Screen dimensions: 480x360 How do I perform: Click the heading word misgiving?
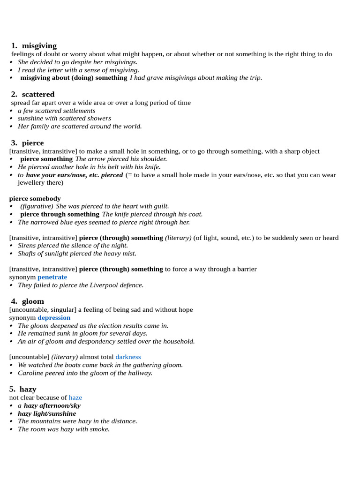(39, 45)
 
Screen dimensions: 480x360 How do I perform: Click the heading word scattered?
(38, 94)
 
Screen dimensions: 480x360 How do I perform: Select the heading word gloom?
(33, 301)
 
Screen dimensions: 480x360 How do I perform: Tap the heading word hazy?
(28, 389)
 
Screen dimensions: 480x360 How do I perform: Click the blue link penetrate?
(52, 277)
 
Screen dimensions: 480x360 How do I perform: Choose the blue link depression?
(54, 318)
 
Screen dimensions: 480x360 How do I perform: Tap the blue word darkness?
(128, 357)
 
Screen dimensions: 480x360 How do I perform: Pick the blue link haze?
(75, 397)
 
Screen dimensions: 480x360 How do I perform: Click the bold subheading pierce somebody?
(35, 198)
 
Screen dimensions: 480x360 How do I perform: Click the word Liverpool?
(96, 285)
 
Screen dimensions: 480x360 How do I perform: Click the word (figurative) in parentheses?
(37, 206)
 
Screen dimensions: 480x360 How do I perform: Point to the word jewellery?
(32, 182)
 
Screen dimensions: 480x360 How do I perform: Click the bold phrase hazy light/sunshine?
(47, 413)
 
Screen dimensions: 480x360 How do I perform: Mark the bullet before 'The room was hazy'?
(11, 429)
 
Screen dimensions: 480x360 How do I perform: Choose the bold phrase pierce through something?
(60, 214)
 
